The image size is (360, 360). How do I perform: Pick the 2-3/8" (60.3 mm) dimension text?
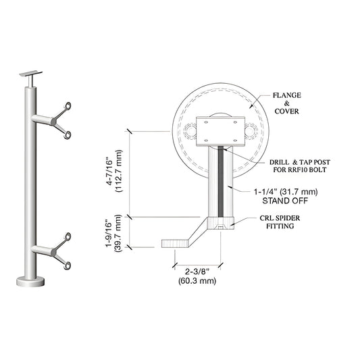[197, 275]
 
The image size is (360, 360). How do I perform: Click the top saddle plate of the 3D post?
[32, 72]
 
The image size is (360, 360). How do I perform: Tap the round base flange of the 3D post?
[31, 280]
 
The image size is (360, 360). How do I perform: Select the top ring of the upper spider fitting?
[68, 105]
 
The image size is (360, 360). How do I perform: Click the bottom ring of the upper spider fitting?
[68, 134]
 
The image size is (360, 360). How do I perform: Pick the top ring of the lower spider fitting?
[68, 236]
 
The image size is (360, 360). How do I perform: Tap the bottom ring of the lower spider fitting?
[68, 265]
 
